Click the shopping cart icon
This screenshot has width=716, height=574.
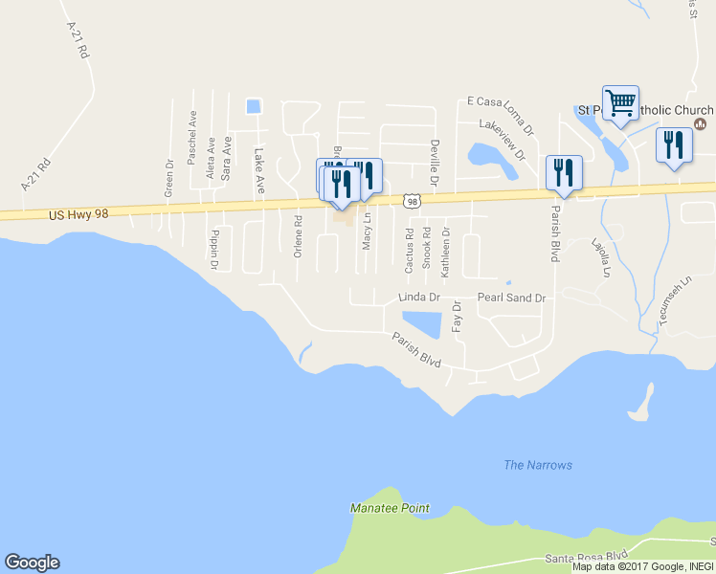point(620,103)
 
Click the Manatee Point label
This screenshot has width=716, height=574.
point(390,508)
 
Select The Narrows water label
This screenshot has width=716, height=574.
point(538,465)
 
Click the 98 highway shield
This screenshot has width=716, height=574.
point(412,200)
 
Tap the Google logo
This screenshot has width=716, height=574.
point(32,563)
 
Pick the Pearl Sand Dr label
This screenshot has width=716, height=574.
point(511,298)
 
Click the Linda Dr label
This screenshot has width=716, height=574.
point(418,298)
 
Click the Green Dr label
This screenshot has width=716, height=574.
point(168,178)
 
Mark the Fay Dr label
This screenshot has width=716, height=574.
point(457,317)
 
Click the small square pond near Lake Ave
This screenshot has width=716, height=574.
point(253,106)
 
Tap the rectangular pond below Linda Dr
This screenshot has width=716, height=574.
point(422,323)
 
